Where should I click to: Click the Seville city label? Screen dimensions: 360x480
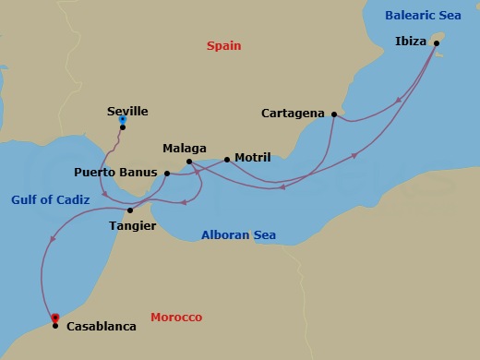point(127,111)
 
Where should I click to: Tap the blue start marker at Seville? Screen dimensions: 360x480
point(123,119)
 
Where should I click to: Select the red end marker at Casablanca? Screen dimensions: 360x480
point(55,318)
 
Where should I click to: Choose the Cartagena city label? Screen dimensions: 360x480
point(294,114)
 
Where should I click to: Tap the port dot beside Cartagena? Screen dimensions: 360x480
point(332,114)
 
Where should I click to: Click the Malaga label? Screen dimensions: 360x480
point(184,148)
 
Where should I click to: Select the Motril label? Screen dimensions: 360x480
point(253,158)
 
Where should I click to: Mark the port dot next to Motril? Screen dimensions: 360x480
point(227,159)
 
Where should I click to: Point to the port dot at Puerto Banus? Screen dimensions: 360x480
point(166,173)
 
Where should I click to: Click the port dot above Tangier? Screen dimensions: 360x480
point(130,210)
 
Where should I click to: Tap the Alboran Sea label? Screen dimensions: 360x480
point(238,235)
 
